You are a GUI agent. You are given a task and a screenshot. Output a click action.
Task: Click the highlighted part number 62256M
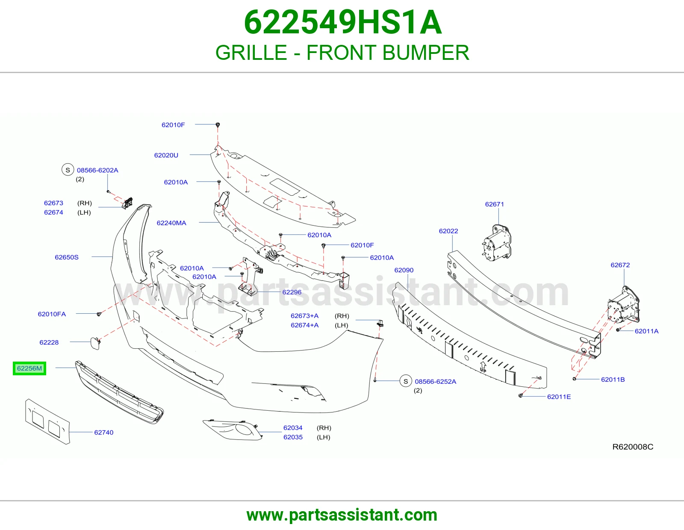29,368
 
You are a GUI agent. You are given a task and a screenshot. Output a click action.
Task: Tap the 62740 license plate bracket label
104,433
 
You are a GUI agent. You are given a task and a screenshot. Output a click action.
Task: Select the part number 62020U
166,155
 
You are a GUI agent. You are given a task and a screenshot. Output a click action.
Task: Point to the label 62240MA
171,223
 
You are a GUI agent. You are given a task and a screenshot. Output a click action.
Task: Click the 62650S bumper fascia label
67,257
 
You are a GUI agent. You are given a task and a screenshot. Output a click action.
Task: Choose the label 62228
49,342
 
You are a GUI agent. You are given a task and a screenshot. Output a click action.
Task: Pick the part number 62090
404,270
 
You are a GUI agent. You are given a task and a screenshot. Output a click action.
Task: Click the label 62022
448,231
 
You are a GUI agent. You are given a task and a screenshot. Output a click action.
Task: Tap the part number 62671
495,204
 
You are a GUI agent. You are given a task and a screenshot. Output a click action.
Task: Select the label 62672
620,265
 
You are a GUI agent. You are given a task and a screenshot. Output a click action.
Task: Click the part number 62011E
559,397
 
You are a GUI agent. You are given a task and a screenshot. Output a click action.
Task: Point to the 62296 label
292,292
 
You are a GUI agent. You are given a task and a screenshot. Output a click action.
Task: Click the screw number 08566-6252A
436,381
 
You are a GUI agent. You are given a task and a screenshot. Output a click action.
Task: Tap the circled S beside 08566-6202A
68,170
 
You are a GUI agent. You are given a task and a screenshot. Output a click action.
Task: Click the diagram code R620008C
633,447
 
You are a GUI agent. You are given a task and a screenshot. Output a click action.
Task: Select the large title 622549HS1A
343,22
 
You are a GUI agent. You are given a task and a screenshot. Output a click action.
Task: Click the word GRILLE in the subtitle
251,53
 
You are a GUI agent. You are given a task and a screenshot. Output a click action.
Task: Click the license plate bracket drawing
47,421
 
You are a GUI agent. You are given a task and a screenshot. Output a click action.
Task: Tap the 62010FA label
52,314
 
